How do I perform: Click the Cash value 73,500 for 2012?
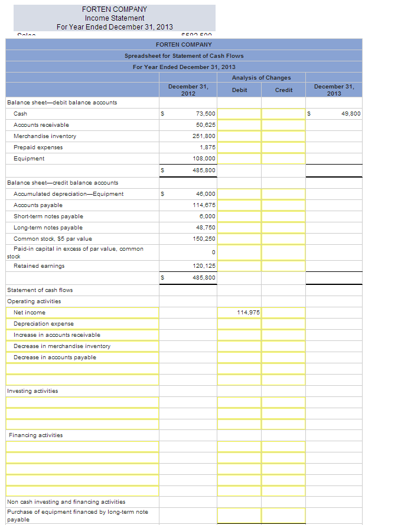206,113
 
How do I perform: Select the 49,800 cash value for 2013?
350,113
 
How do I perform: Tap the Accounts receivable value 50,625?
206,124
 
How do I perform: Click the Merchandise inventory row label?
45,136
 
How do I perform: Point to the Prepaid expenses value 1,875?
207,147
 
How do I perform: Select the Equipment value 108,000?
204,158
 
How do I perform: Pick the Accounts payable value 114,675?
204,205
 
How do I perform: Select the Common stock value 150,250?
204,238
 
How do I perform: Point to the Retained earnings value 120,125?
204,265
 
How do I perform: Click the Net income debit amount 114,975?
249,312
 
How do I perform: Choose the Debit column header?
240,90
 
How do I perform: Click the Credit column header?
283,90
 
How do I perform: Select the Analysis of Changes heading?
261,77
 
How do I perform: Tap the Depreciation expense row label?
44,323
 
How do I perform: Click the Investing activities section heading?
32,391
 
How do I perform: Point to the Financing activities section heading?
35,435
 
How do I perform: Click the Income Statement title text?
114,18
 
